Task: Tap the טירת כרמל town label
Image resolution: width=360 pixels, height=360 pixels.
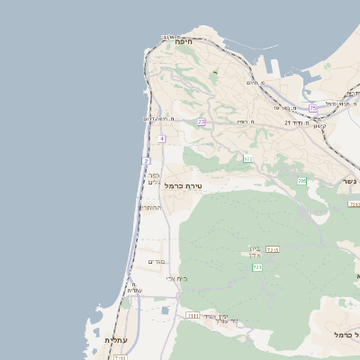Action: coord(186,185)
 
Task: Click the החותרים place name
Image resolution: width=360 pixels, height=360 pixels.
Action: coord(149,208)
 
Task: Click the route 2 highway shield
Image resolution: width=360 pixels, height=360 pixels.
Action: coord(145,160)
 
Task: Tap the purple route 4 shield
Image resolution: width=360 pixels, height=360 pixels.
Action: coord(162,139)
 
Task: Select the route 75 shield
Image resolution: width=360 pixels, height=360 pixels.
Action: coord(313,108)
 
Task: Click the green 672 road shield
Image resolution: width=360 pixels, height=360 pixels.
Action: coord(247,158)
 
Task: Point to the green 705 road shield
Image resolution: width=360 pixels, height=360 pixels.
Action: coord(302,182)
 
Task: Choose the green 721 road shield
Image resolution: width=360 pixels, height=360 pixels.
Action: coord(257,268)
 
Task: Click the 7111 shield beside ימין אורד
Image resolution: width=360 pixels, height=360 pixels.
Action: coord(193,316)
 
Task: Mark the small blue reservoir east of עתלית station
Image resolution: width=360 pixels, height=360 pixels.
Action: coord(165,311)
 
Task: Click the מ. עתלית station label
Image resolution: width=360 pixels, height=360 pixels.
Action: coord(133,286)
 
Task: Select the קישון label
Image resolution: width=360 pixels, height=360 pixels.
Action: coord(318,125)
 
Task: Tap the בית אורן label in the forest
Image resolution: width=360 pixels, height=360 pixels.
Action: coord(254,252)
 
